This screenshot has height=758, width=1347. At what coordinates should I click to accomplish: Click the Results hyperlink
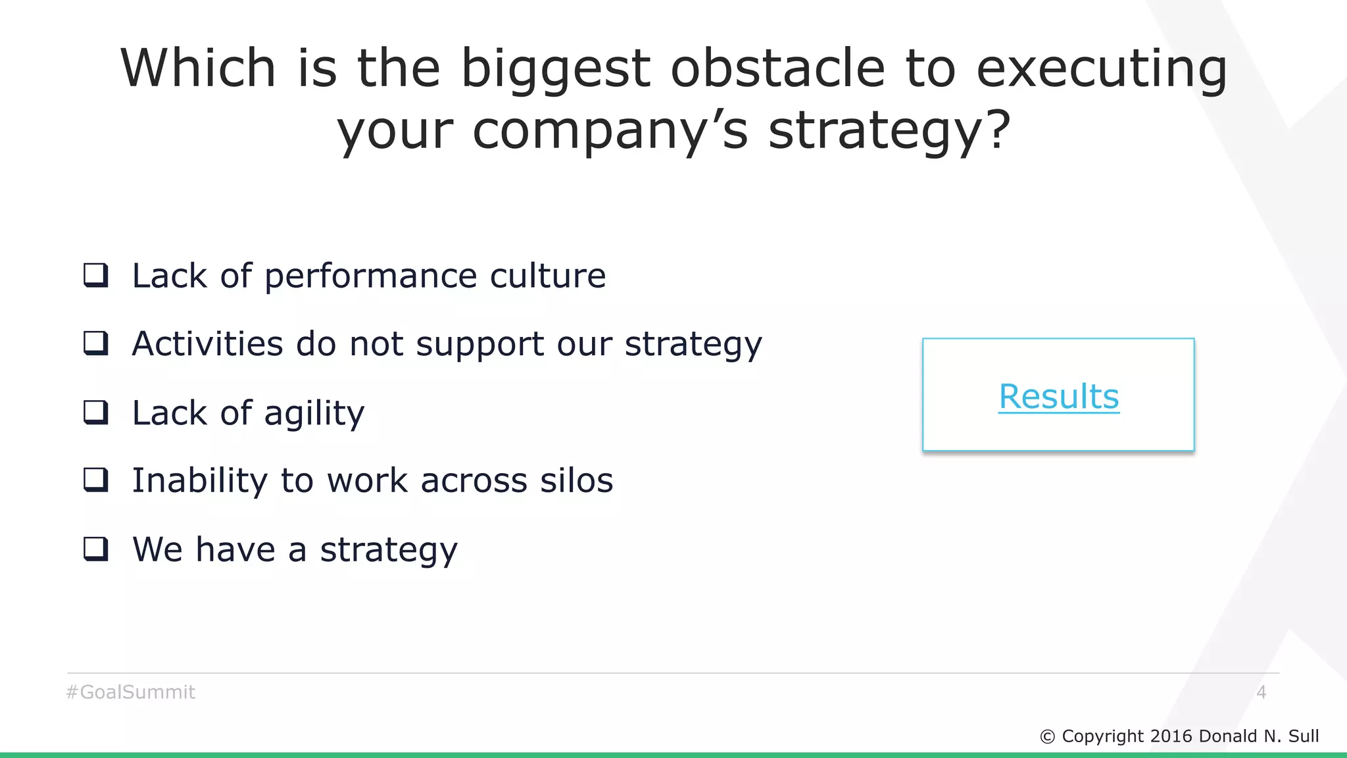coord(1058,396)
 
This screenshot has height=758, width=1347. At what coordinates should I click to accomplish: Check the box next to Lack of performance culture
coord(96,275)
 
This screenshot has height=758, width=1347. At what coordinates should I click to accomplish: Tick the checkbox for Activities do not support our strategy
coord(96,343)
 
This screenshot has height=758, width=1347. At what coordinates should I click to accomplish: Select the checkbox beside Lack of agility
coord(96,413)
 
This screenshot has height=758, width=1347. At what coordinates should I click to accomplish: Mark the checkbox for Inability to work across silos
coord(96,480)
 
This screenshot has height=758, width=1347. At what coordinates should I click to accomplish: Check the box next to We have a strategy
coord(96,549)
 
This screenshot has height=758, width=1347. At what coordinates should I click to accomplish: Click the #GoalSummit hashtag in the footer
coord(131,692)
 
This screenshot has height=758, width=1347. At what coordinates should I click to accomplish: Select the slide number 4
coord(1261,692)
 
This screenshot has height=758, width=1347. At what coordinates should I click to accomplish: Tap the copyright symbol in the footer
coord(1047,737)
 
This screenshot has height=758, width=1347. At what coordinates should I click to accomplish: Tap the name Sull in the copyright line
coord(1303,736)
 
